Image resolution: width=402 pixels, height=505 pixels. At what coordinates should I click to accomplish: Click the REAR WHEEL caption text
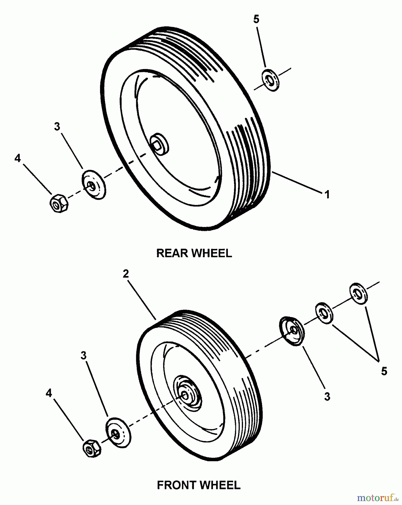[x=194, y=253]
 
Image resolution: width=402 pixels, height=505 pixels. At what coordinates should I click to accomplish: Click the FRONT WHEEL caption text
[x=199, y=485]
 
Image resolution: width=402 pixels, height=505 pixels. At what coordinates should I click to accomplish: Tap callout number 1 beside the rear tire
[x=327, y=194]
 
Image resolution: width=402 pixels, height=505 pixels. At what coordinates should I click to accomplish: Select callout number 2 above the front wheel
[x=126, y=274]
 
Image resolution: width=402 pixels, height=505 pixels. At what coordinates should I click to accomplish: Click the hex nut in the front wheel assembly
[x=92, y=449]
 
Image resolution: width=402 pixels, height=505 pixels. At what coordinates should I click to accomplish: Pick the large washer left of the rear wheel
[x=94, y=184]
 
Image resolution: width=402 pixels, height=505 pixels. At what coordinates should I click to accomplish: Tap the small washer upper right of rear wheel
[x=270, y=80]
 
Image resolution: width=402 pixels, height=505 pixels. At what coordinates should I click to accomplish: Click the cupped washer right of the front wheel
[x=292, y=331]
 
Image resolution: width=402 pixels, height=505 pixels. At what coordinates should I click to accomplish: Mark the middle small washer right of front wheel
[x=324, y=313]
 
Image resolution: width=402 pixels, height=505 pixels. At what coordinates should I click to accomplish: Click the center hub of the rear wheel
[x=159, y=144]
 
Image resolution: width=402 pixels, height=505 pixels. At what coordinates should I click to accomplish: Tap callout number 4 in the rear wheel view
[x=17, y=158]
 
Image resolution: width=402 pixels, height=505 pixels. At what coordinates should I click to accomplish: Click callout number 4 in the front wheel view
[x=49, y=393]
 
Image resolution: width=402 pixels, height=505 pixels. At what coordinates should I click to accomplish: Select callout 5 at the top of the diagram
[x=256, y=19]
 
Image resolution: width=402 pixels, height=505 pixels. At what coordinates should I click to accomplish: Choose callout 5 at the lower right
[x=384, y=371]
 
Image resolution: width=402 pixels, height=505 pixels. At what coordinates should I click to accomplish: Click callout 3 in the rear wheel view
[x=57, y=127]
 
